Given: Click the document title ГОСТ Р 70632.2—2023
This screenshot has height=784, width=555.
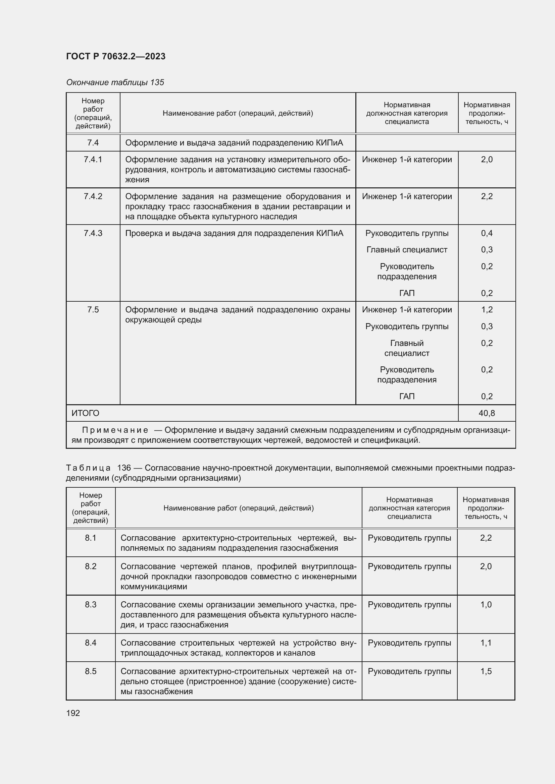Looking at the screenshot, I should (x=115, y=56).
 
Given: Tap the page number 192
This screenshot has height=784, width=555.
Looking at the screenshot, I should (x=73, y=713).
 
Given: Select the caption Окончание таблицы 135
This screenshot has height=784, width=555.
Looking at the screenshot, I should (x=115, y=82).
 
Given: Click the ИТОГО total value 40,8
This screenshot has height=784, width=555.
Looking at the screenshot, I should (x=487, y=413).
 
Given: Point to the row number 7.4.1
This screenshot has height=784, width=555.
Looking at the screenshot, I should (x=93, y=160).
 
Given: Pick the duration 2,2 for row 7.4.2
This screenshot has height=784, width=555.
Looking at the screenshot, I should (x=487, y=196).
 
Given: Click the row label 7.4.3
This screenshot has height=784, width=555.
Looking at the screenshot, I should (x=93, y=233).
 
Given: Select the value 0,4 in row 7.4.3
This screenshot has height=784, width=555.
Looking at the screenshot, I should (x=487, y=233).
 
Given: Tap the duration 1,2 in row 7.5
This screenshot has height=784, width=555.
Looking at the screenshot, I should (x=487, y=310).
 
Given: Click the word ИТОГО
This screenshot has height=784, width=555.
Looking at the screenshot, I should (x=85, y=413).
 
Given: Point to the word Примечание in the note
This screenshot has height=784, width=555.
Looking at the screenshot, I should (x=115, y=430).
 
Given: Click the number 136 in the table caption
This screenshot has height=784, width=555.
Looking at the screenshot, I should (x=124, y=468).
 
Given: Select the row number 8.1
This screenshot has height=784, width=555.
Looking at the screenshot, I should (x=91, y=538).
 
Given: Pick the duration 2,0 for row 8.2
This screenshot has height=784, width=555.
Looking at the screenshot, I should (x=486, y=566).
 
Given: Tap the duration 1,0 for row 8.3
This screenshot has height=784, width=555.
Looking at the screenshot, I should (x=486, y=605).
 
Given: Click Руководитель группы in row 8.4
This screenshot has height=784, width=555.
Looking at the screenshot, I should (x=409, y=643).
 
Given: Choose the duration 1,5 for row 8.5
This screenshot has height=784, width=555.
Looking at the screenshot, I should (x=486, y=671).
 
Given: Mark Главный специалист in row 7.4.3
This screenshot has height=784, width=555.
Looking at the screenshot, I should (x=407, y=250).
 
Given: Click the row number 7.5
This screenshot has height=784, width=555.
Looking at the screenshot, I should (x=93, y=310).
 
